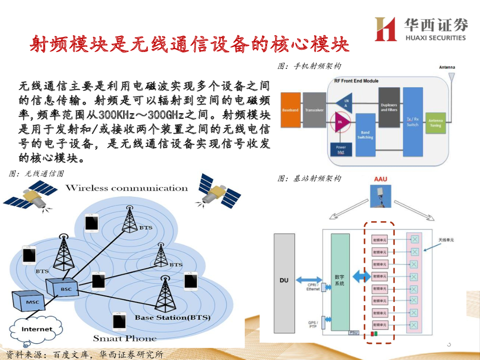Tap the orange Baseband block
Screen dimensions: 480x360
point(291,110)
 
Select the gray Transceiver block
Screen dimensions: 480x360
point(315,110)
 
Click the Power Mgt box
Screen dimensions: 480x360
point(341,150)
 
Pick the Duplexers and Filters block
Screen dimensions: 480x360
point(389,107)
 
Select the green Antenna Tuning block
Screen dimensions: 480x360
point(435,123)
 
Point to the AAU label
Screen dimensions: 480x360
point(380,180)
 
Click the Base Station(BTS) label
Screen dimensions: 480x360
point(172,318)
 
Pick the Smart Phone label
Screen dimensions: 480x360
point(125,338)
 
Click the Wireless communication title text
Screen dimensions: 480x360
point(127,188)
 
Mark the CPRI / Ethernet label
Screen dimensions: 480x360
point(313,286)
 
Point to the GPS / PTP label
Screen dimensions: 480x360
point(314,324)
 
